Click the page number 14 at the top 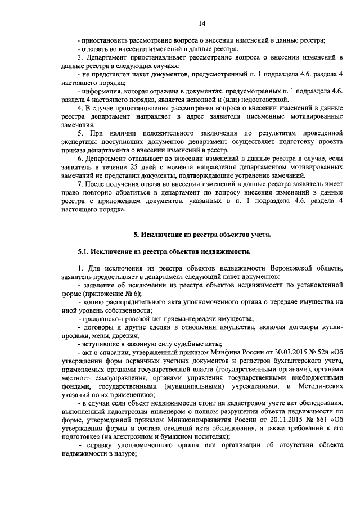pos(202,23)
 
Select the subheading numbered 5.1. pos(164,250)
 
